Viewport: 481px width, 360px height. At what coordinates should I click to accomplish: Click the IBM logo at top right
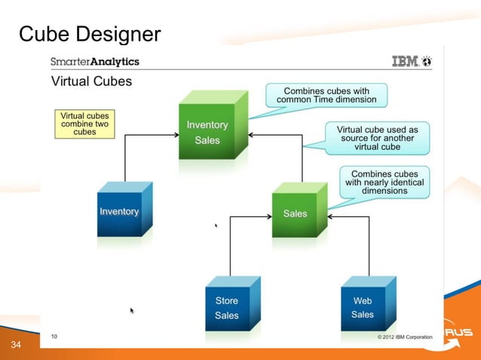pos(411,62)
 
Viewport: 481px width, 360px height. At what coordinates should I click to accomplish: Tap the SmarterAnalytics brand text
pos(94,62)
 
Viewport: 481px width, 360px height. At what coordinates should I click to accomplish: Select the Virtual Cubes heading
pos(90,81)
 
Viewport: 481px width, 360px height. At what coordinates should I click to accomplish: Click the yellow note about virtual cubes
pos(84,124)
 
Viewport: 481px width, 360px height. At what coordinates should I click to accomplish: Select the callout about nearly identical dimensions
pos(384,182)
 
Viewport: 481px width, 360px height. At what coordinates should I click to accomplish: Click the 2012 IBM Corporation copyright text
pos(404,337)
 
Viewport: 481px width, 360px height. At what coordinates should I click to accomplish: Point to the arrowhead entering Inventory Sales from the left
pos(175,136)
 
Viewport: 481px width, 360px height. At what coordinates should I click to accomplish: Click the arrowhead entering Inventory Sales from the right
pos(251,136)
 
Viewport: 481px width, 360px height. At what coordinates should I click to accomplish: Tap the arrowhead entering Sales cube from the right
pos(332,217)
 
